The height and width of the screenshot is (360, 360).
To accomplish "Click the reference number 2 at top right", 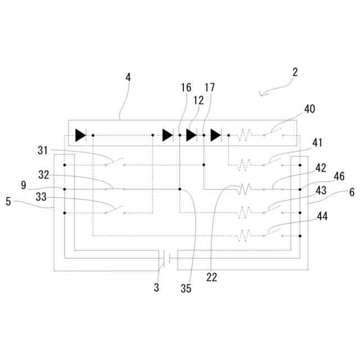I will (x=295, y=72).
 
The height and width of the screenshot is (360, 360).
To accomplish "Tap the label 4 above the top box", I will (x=128, y=78).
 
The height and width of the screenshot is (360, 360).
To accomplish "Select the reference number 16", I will (x=186, y=87).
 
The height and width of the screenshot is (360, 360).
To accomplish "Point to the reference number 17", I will (x=209, y=87).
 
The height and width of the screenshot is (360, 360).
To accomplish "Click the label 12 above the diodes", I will (x=197, y=100).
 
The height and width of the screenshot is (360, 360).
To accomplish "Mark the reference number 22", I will (x=211, y=276).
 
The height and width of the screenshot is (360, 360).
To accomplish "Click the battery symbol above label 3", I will (x=166, y=258).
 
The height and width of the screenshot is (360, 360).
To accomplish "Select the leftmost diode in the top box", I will (x=80, y=135).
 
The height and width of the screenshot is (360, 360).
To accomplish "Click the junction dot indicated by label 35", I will (x=179, y=190).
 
